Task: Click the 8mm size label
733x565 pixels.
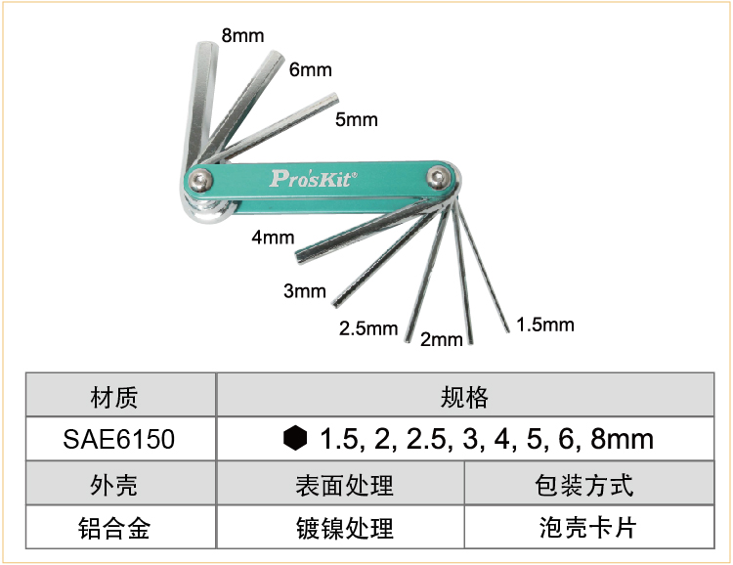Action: pos(242,35)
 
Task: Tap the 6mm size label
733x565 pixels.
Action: pos(311,69)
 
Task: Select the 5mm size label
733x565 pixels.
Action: pos(356,119)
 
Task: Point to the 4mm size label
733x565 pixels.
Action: pos(273,238)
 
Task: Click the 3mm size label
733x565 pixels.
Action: pos(305,291)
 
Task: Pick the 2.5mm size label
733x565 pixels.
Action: pos(368,328)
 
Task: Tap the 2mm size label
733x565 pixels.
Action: pos(442,339)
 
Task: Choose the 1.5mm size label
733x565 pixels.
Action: pos(545,325)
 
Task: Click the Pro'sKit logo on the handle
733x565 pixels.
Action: pos(314,178)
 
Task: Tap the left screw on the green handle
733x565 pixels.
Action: pos(201,180)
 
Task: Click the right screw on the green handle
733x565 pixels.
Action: pos(439,177)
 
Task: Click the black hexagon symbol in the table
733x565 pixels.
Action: pos(295,438)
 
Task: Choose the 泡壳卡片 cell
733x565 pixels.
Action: pos(589,527)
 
